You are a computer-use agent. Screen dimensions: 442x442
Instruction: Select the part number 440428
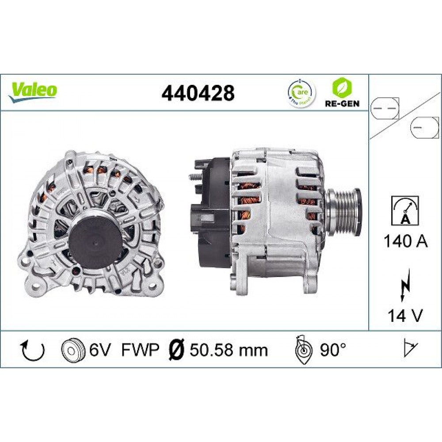(x=198, y=93)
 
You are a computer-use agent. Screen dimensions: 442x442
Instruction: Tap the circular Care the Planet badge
(x=301, y=93)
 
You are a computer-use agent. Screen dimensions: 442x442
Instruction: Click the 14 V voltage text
(x=405, y=316)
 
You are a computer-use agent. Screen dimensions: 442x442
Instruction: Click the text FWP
(x=140, y=350)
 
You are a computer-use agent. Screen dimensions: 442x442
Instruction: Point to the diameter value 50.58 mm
(x=229, y=350)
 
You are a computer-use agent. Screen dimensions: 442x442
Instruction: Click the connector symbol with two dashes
(x=384, y=108)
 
